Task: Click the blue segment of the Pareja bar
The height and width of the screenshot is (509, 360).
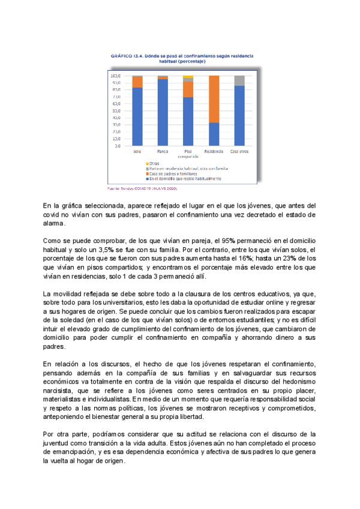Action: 163,112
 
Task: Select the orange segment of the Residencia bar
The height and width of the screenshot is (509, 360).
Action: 214,99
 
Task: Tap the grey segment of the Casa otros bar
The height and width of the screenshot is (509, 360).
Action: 239,80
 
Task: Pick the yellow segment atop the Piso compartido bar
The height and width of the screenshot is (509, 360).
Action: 188,77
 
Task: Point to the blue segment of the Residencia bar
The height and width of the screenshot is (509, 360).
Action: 214,134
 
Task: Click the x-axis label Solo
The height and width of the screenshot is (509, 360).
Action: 137,151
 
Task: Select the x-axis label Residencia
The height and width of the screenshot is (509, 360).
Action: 214,151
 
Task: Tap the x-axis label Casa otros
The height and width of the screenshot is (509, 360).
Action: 239,151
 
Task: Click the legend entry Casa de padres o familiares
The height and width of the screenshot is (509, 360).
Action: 174,173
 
